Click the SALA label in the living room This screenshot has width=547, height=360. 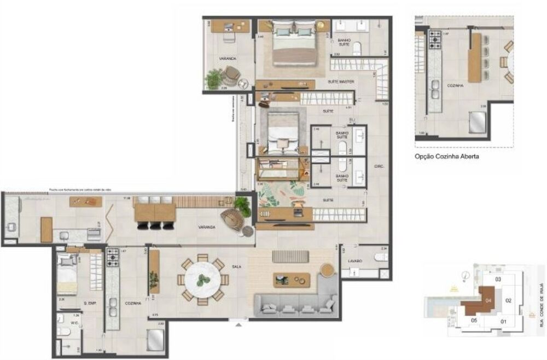(x=236, y=266)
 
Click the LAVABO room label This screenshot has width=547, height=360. (x=354, y=262)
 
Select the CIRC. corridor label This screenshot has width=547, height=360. (x=378, y=166)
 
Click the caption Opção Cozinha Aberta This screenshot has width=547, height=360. (x=447, y=156)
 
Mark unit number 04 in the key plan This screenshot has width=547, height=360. (x=488, y=300)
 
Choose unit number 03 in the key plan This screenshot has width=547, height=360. (x=498, y=280)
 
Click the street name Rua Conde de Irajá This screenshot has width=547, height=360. (x=542, y=304)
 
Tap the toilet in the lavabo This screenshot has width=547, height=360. (x=380, y=257)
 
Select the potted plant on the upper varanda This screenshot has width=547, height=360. (x=213, y=79)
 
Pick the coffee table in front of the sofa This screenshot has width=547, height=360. (x=291, y=280)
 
